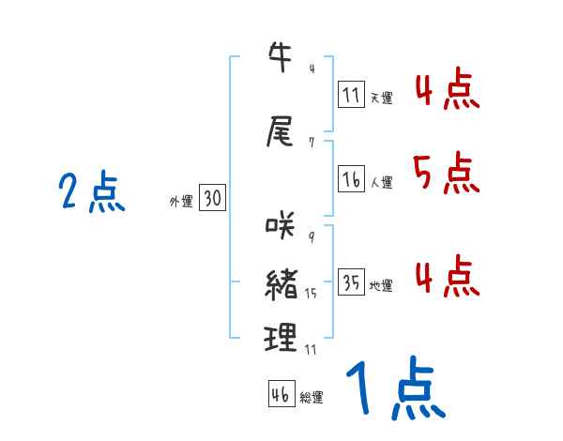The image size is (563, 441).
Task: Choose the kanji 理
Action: (281, 337)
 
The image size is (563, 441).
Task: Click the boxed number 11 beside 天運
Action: (352, 95)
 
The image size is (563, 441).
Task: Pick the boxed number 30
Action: (212, 199)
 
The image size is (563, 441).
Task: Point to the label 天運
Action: (381, 98)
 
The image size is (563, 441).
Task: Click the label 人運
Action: (381, 183)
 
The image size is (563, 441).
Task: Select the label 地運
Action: (381, 286)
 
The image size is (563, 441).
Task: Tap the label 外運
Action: (181, 201)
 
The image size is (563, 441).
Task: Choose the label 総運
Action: (312, 398)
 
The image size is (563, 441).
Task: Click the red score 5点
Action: (444, 174)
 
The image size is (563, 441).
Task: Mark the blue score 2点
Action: (91, 193)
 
